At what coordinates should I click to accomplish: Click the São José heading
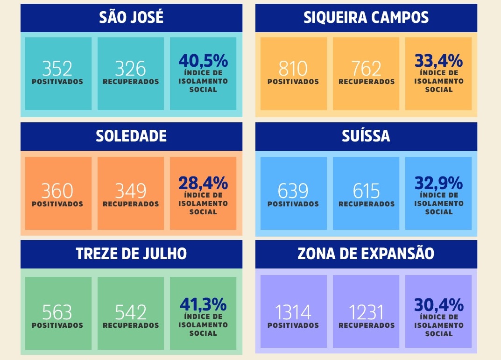click(x=131, y=18)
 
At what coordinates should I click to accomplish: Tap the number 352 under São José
click(x=57, y=69)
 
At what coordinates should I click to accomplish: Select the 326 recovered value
click(x=130, y=69)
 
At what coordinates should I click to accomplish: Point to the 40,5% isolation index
click(x=203, y=61)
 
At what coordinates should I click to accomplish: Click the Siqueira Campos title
click(x=366, y=18)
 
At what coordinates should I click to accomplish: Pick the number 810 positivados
click(x=293, y=69)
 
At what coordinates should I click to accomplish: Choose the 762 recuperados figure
click(x=366, y=69)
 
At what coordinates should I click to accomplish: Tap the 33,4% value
click(x=438, y=61)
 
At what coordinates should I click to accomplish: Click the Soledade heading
click(x=131, y=136)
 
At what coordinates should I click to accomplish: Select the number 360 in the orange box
click(x=57, y=191)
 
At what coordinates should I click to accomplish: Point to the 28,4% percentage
click(x=203, y=183)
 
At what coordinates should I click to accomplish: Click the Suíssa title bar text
click(x=366, y=136)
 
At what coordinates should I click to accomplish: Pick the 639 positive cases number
click(x=293, y=191)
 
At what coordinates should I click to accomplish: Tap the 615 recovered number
click(x=366, y=191)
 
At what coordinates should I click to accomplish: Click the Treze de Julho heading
click(x=131, y=254)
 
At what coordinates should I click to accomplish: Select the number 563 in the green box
click(x=57, y=312)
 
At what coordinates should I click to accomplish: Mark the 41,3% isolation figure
click(x=203, y=304)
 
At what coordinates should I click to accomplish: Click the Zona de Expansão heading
click(x=366, y=254)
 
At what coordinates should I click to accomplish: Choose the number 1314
click(x=293, y=312)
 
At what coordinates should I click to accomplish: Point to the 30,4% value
click(x=438, y=304)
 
